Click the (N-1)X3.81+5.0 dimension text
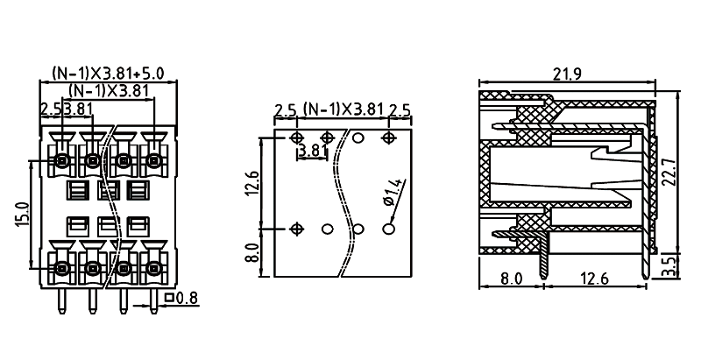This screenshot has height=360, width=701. [x=109, y=74]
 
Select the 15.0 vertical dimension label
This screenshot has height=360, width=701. [x=23, y=214]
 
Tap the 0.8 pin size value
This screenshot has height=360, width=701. [x=188, y=299]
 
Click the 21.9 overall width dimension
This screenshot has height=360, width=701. [x=568, y=74]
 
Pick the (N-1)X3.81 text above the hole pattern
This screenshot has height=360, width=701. [x=343, y=109]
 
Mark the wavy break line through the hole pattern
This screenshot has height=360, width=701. [x=349, y=201]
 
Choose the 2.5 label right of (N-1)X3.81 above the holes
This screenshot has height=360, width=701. [x=400, y=109]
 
